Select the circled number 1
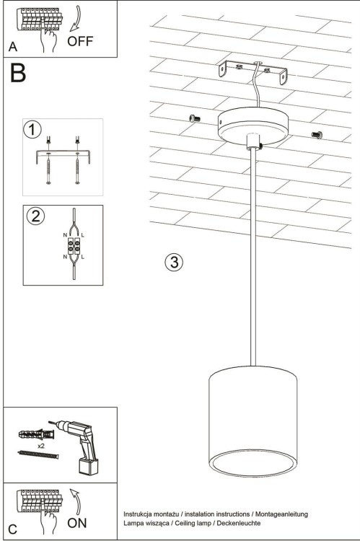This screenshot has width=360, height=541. click(x=32, y=130)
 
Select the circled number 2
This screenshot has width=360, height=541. click(x=33, y=216)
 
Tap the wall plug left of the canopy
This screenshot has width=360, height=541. click(x=192, y=118)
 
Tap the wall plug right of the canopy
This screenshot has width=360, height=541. click(x=316, y=134)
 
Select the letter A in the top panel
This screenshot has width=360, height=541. click(x=12, y=47)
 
